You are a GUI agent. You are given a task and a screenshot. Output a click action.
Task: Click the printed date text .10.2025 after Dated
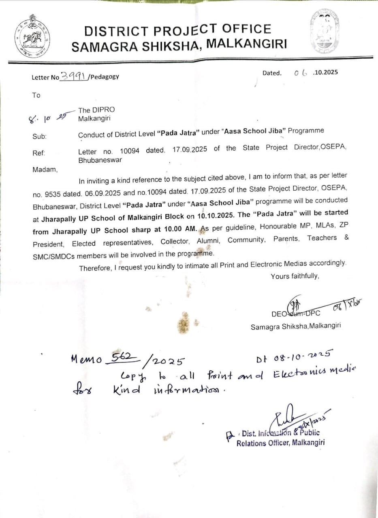[x=325, y=72]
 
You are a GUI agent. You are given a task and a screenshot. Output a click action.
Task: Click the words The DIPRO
[x=96, y=110]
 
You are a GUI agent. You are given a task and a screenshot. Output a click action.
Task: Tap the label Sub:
[x=39, y=136]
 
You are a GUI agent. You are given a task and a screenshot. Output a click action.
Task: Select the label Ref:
[x=39, y=153]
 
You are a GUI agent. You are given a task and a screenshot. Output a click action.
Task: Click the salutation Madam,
[x=45, y=170]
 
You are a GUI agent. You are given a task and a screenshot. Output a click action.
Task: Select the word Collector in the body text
[x=175, y=242]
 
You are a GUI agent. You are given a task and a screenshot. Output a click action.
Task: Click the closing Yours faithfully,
[x=295, y=276]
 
